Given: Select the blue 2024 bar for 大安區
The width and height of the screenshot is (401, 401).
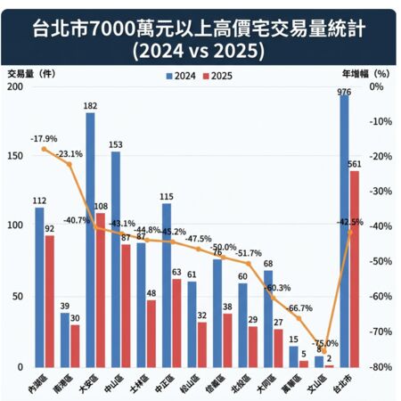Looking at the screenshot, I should [x=90, y=240].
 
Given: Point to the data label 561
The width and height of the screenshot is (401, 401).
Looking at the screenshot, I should [x=356, y=164].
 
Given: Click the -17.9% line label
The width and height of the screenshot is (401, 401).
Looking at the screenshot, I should [x=43, y=139].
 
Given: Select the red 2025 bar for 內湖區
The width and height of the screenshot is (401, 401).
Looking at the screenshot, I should [x=50, y=301].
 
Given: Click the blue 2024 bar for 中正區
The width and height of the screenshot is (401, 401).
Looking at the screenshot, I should [x=166, y=285].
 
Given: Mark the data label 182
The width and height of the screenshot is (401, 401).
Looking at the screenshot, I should [x=90, y=106].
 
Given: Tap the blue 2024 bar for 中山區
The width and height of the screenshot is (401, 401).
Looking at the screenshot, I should [x=115, y=259].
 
